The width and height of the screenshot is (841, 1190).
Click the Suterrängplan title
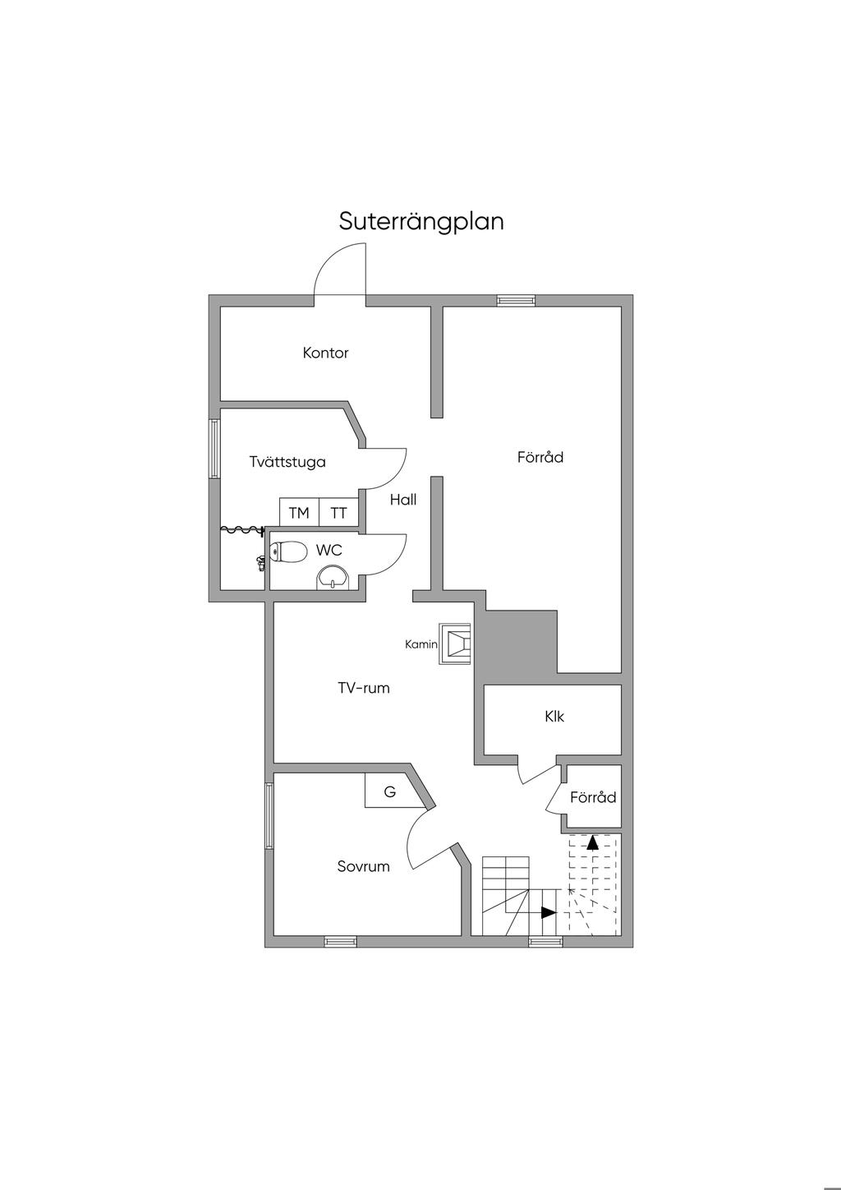pos(421,221)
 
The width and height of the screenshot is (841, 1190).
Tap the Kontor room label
pos(325,353)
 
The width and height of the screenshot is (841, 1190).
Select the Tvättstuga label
pos(287,462)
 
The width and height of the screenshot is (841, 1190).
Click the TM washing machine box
pos(299,513)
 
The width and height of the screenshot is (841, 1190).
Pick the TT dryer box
pos(338,513)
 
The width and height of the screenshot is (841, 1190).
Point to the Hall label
pos(403,500)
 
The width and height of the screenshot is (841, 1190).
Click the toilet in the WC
pos(288,551)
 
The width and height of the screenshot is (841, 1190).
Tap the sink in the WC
pos(333,578)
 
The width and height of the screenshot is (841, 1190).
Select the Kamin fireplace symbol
pos(456,643)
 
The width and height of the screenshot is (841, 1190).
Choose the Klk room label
pos(554,717)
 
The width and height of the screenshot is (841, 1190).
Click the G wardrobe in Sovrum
pos(390,792)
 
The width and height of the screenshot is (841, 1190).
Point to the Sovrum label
pos(363,866)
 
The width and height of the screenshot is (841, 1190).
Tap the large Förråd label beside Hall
pos(540,457)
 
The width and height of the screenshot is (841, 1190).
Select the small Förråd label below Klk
pos(593,797)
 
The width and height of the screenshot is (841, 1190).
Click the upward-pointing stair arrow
pos(592,842)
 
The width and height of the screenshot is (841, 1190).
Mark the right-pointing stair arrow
pos(548,912)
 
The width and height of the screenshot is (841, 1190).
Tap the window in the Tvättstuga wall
pos(214,449)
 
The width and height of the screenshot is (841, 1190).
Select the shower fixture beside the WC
pos(260,561)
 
